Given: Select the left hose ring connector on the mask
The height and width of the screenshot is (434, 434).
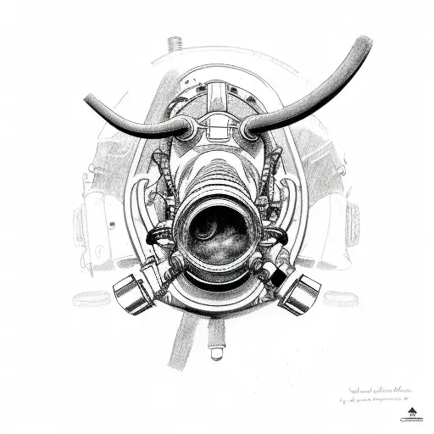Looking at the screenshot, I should (x=186, y=128).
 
